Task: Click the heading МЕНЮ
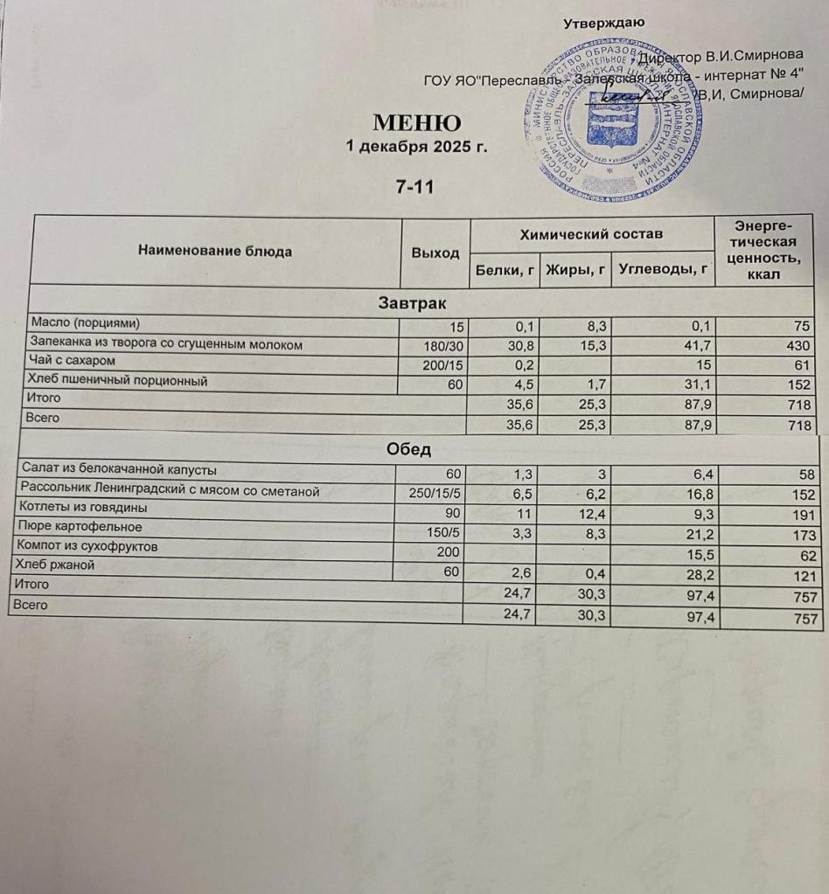tap(416, 121)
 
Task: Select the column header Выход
tap(435, 253)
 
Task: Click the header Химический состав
tap(591, 233)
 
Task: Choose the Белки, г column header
tap(504, 271)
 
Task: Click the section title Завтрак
tap(412, 303)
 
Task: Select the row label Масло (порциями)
tap(85, 322)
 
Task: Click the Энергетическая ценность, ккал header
tap(764, 248)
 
